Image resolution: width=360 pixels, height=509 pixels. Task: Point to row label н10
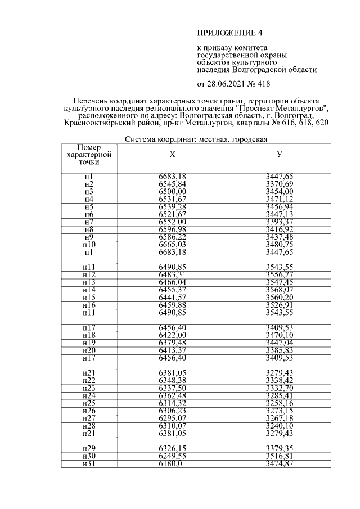click(x=89, y=245)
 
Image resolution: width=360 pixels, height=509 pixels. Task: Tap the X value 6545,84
click(x=172, y=184)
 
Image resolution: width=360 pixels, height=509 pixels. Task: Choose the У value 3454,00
click(x=280, y=191)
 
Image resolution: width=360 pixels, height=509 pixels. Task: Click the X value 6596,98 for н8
click(x=172, y=229)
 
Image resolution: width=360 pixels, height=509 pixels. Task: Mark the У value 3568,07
click(x=280, y=290)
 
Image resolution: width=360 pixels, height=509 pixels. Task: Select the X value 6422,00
click(x=172, y=334)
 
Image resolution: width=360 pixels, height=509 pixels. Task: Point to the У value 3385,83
click(x=280, y=349)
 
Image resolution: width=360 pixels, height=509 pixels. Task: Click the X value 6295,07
click(x=172, y=417)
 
